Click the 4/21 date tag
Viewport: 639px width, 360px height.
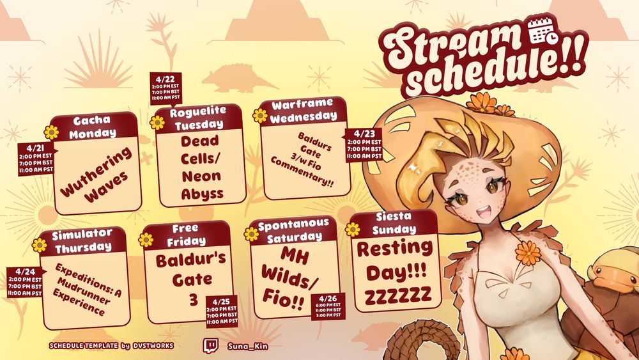pyautogui.click(x=36, y=159)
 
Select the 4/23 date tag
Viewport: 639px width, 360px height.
pyautogui.click(x=364, y=145)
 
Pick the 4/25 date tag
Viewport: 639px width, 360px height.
pyautogui.click(x=222, y=311)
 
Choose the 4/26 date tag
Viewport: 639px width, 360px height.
pyautogui.click(x=328, y=306)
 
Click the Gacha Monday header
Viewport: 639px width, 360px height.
pyautogui.click(x=93, y=127)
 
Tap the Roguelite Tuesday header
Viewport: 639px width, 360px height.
pyautogui.click(x=199, y=118)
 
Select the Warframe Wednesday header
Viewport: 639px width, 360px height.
pyautogui.click(x=304, y=111)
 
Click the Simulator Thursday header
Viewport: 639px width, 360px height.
pyautogui.click(x=82, y=241)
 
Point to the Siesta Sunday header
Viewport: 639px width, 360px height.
pyautogui.click(x=393, y=223)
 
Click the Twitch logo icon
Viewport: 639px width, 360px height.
pyautogui.click(x=210, y=346)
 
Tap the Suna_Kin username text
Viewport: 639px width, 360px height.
pyautogui.click(x=248, y=347)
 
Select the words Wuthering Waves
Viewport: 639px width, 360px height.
pyautogui.click(x=97, y=175)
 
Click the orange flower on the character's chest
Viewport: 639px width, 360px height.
pyautogui.click(x=528, y=253)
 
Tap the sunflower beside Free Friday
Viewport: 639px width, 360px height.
pyautogui.click(x=146, y=240)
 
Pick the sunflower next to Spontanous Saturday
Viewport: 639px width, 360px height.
pyautogui.click(x=251, y=233)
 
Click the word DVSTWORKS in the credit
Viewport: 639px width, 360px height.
pyautogui.click(x=153, y=346)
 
